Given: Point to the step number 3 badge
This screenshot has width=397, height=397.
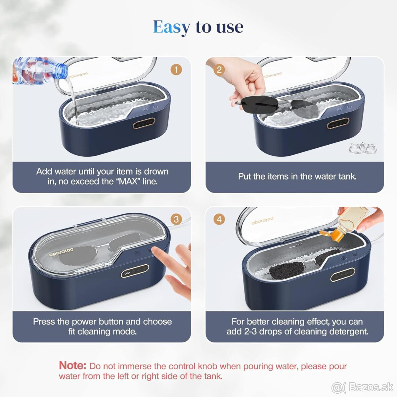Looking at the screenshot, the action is click(176, 219).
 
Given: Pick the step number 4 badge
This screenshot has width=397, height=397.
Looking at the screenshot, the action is click(219, 219).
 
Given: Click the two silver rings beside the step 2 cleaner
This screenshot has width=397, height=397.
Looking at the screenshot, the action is click(362, 148).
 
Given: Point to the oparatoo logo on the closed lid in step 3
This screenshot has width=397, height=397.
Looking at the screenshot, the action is click(61, 252).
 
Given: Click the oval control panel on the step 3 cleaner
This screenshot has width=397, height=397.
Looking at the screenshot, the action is click(135, 271).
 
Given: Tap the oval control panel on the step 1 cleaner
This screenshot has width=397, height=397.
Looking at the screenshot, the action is click(144, 123).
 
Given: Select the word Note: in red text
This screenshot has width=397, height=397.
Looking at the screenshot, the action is click(72, 365).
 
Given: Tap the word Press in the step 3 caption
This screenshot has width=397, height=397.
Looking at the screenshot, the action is click(44, 322).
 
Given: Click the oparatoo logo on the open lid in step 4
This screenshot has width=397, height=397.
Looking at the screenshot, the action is click(262, 220).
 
